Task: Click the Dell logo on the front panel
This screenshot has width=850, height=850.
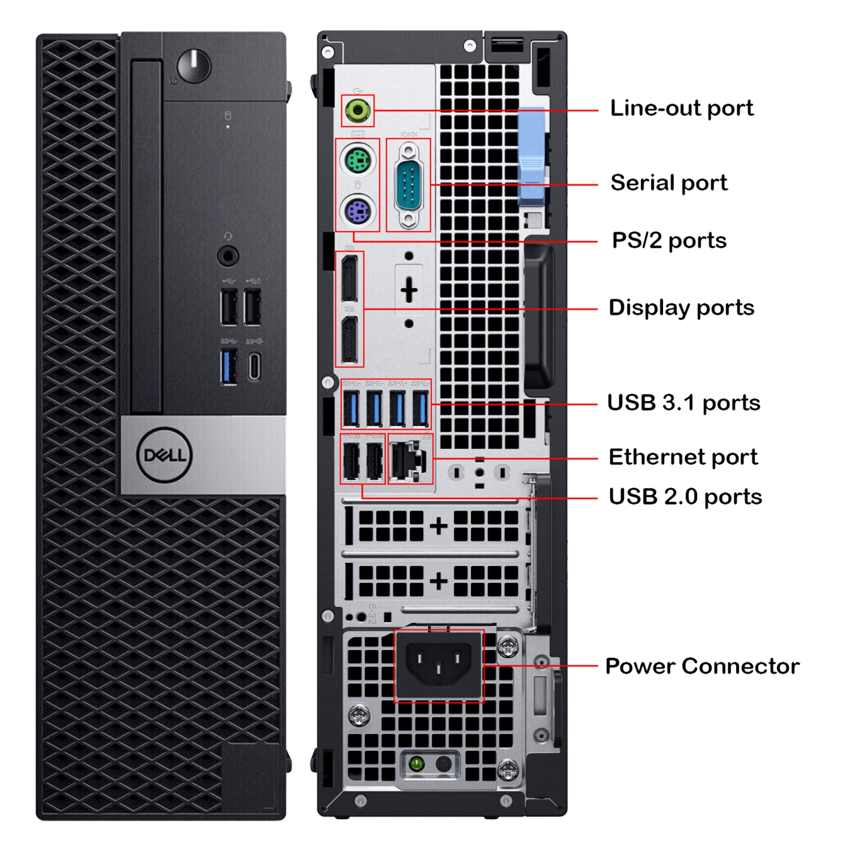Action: coord(165,455)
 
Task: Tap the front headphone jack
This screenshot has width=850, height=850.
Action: coord(228,256)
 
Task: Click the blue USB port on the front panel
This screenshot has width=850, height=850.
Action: coord(229,367)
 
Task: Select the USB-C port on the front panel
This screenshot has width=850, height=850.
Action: coord(254,367)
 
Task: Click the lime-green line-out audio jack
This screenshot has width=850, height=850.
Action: coord(358,110)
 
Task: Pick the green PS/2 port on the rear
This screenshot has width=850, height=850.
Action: coord(358,160)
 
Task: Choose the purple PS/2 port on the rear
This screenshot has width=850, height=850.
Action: coord(358,211)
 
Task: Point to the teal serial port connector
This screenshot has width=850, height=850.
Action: coord(409,185)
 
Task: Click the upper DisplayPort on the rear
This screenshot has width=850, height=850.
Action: coord(349,278)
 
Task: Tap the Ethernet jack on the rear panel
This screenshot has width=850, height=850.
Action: coord(407,459)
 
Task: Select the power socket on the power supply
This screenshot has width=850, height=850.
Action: coord(439,664)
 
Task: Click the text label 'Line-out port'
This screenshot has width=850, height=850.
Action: coord(681,108)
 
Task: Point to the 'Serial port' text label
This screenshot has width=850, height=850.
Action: coord(669,183)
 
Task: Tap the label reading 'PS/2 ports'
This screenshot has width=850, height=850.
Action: coord(669,241)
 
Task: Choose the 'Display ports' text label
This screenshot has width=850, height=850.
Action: coord(681,308)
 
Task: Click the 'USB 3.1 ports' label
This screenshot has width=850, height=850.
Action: coord(683,403)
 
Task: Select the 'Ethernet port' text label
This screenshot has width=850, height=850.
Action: coord(683,457)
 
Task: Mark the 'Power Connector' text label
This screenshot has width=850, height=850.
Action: coord(702,666)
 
